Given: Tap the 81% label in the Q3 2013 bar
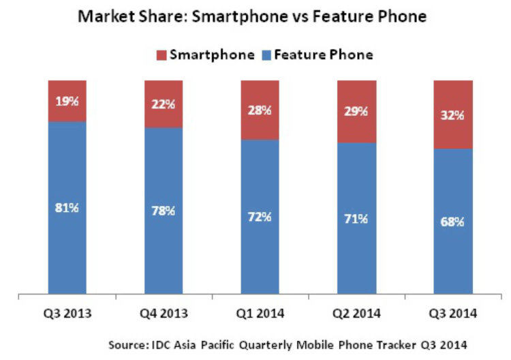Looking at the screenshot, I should click(x=67, y=207).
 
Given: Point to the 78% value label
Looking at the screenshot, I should click(x=164, y=211).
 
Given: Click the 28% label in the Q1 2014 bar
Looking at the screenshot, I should click(x=260, y=109).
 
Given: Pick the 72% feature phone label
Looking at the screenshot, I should click(x=260, y=217).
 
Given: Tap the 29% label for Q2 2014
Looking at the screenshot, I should click(x=356, y=110).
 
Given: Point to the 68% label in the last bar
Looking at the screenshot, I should click(x=452, y=222).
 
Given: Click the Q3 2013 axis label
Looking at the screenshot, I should click(x=67, y=315).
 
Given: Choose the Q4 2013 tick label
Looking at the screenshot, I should click(x=164, y=315).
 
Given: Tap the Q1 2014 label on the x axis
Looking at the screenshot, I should click(x=260, y=315).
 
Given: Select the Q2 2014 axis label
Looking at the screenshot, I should click(x=356, y=315).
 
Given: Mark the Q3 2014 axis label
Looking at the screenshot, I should click(x=452, y=315).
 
